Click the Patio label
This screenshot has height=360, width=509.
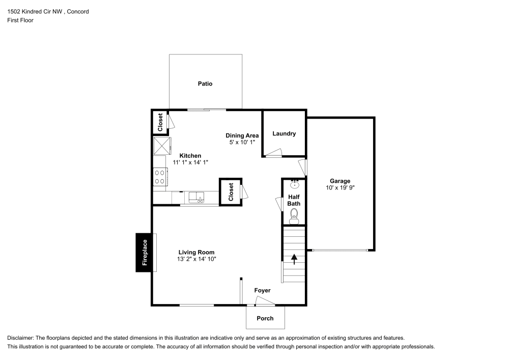pos(205,84)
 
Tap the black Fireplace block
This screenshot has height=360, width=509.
pos(145,253)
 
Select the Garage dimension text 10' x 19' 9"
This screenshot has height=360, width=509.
pos(340,187)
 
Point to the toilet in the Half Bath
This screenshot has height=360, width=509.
pos(294,217)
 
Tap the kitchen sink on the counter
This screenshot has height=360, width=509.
pos(195,197)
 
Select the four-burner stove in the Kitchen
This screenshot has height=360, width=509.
pos(159,176)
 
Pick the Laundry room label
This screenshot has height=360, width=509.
pos(284,133)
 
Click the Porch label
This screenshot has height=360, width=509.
pos(265,318)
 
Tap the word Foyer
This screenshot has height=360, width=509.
pos(263,290)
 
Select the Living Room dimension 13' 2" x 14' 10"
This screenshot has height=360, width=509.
pos(196,259)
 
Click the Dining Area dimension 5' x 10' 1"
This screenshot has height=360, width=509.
pos(242,142)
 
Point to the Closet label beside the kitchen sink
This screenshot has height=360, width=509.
pos(231,191)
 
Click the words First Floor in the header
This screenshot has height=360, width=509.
pos(20,20)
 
